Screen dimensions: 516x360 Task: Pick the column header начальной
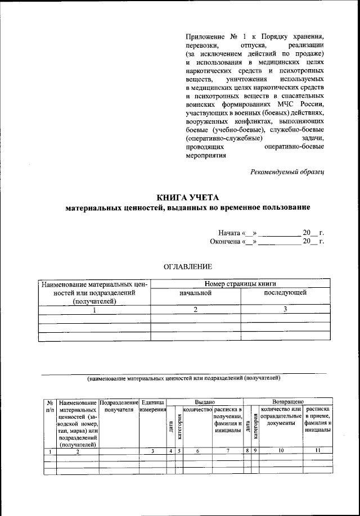[x=195, y=293]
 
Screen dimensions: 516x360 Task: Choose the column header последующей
[x=285, y=293]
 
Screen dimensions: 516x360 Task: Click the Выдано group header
[x=205, y=402]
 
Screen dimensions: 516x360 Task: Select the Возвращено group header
[x=288, y=402]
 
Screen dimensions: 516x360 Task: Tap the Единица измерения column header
[x=152, y=406]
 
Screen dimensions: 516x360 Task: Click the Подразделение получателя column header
[x=118, y=406]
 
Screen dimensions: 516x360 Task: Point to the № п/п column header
[x=50, y=406]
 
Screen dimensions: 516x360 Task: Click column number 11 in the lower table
[x=318, y=451]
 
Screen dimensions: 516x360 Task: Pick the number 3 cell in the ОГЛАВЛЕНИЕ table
[x=285, y=310]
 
